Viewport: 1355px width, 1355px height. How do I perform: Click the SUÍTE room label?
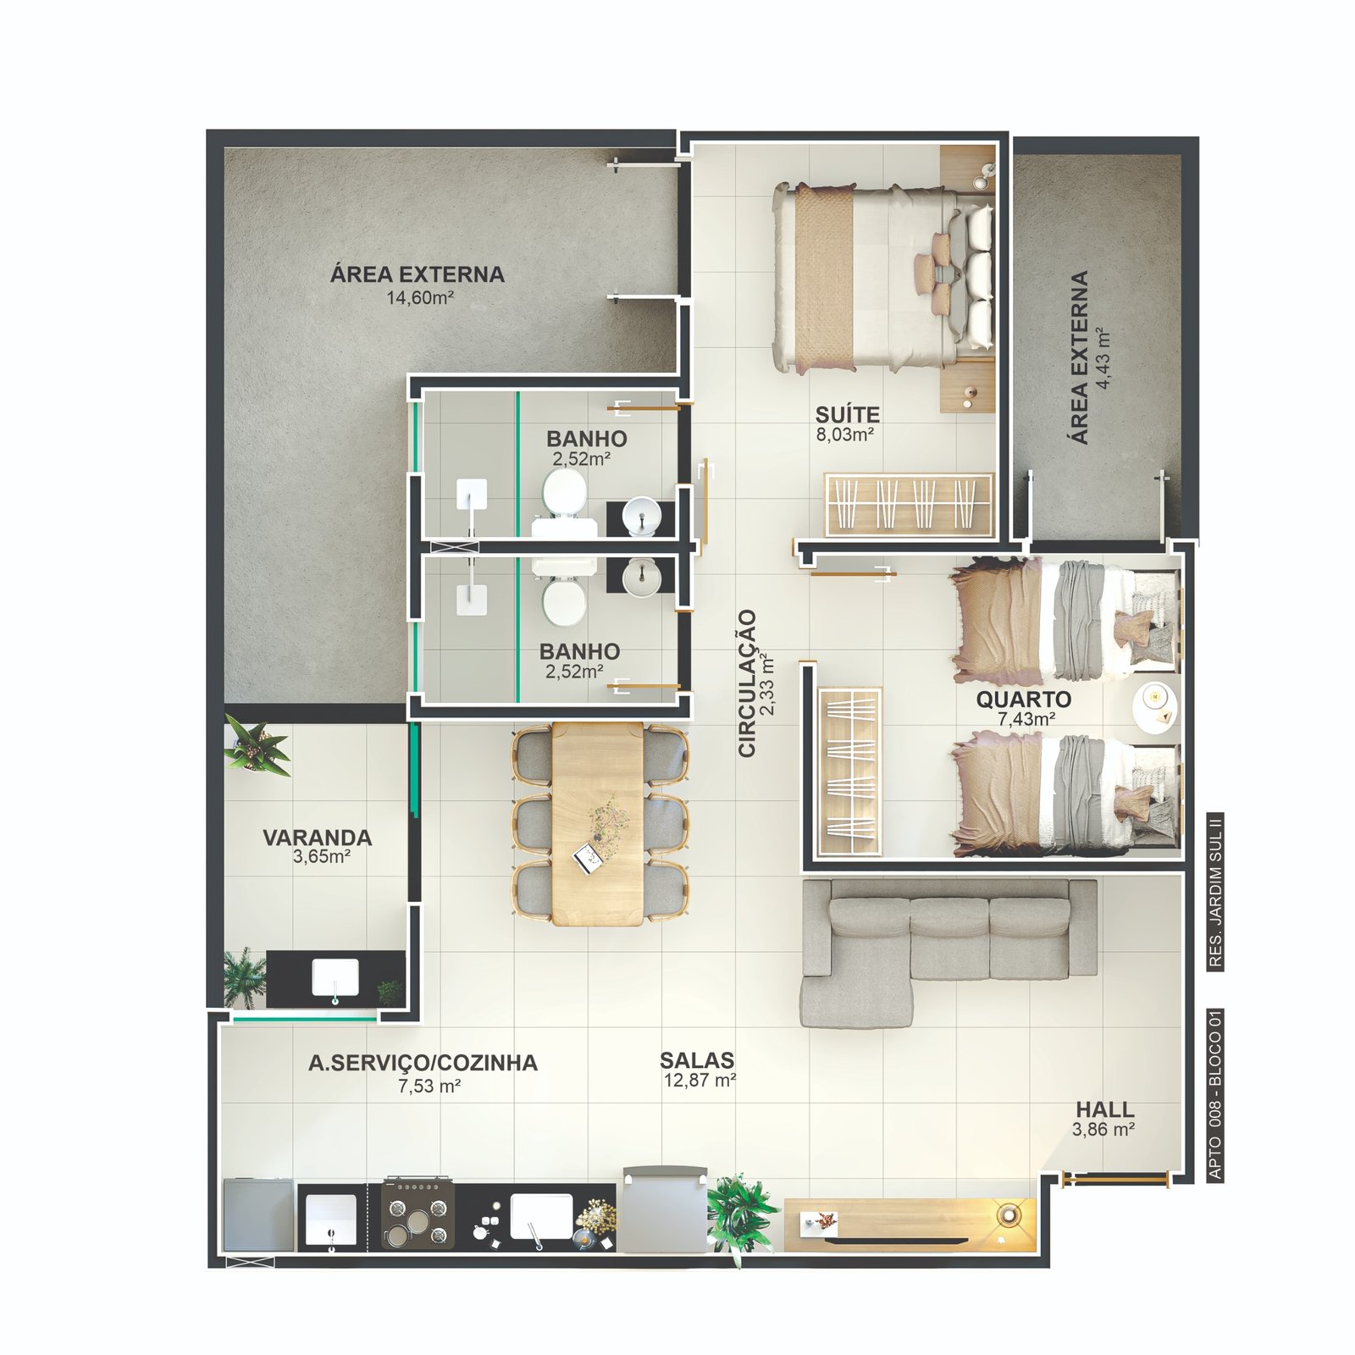pyautogui.click(x=848, y=415)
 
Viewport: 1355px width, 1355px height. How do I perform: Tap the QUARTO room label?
pyautogui.click(x=1023, y=700)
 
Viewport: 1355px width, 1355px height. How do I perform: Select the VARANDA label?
pyautogui.click(x=318, y=838)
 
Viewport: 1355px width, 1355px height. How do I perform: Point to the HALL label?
pyautogui.click(x=1105, y=1109)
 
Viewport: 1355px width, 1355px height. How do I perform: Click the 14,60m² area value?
pyautogui.click(x=421, y=297)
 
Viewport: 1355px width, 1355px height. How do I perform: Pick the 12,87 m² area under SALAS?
pyautogui.click(x=700, y=1081)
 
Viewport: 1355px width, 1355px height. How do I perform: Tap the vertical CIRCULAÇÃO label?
pyautogui.click(x=747, y=683)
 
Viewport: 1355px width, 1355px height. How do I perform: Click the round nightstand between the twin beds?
pyautogui.click(x=1156, y=707)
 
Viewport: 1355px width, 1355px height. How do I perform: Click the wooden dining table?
pyautogui.click(x=598, y=822)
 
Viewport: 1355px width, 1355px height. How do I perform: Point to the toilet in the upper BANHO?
pyautogui.click(x=564, y=500)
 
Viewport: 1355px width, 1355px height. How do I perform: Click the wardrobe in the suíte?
pyautogui.click(x=909, y=505)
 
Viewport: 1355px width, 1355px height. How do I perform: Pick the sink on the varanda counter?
pyautogui.click(x=335, y=979)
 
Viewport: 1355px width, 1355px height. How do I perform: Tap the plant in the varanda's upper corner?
pyautogui.click(x=257, y=746)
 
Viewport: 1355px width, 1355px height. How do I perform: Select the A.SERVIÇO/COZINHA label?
pyautogui.click(x=423, y=1063)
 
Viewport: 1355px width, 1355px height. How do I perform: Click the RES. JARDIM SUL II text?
pyautogui.click(x=1216, y=891)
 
